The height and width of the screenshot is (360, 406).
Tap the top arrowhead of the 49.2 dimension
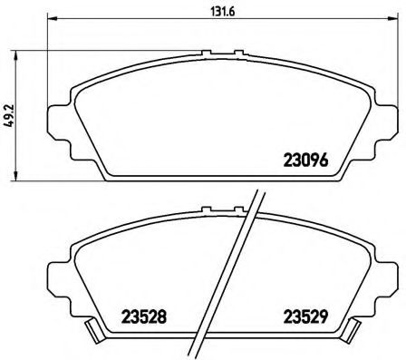(18, 55)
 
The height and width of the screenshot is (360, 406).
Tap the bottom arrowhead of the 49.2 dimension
(18, 174)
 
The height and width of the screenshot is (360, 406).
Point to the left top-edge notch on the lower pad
(208, 214)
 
